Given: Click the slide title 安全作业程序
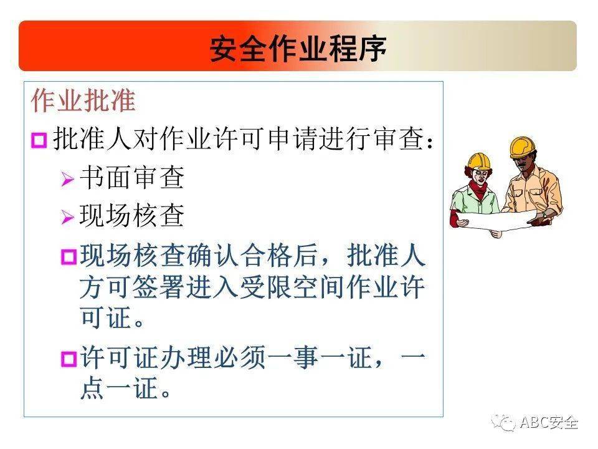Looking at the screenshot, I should pos(298,47).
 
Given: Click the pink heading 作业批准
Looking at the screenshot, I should pos(83,102).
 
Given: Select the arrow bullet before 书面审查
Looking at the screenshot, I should pos(67,180).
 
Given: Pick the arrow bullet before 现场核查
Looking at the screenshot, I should pos(67,217).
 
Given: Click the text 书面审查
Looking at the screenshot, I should pos(131,179).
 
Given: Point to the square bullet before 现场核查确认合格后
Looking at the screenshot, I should pos(68,257).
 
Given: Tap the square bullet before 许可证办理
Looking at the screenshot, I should pos(68,359).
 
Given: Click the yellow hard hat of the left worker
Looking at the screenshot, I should pos(479,160).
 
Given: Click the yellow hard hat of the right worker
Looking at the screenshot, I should pos(522,146).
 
